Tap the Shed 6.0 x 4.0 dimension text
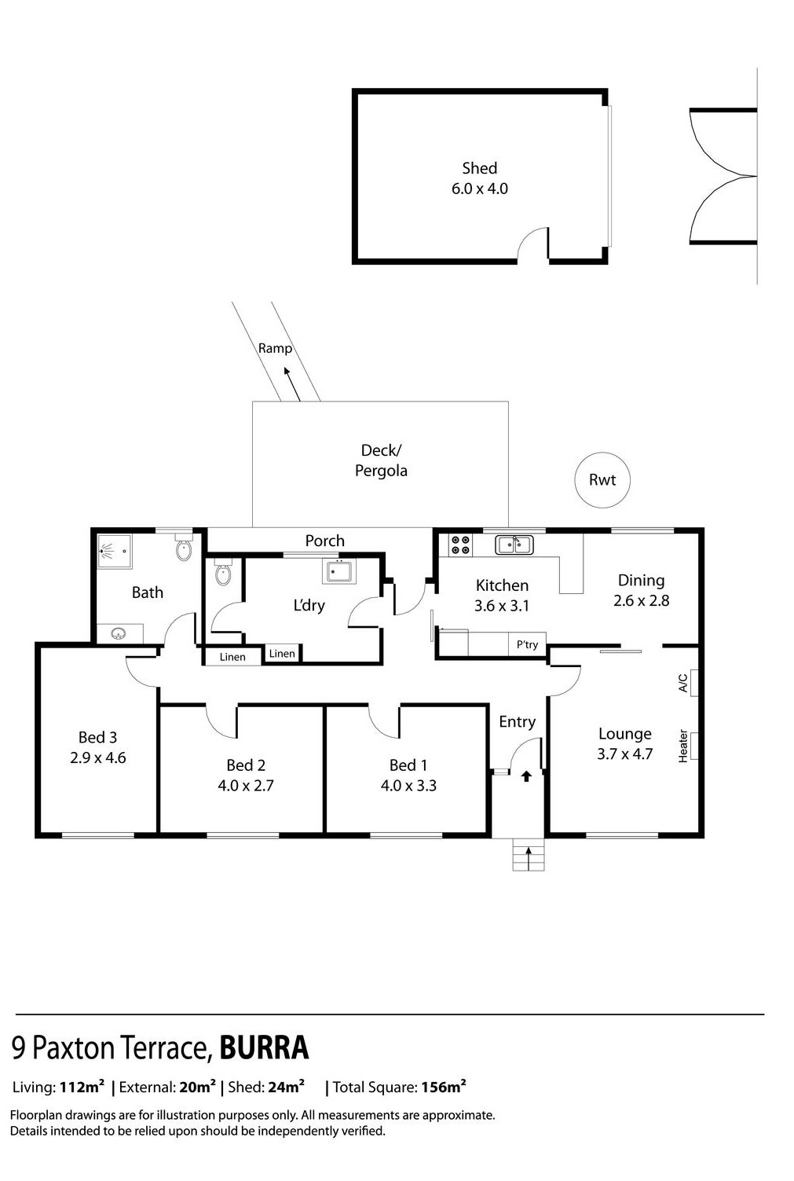click(x=479, y=189)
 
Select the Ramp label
click(x=275, y=349)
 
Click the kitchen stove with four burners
click(x=460, y=545)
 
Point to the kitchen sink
click(x=514, y=545)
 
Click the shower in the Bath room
click(x=115, y=551)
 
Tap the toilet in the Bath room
click(x=183, y=548)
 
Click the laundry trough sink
click(x=338, y=571)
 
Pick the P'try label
click(x=527, y=644)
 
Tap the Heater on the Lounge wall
click(x=694, y=746)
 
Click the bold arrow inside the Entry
click(x=526, y=776)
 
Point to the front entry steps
click(x=528, y=854)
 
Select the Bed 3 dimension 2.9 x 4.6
click(x=98, y=758)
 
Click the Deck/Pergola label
click(x=381, y=460)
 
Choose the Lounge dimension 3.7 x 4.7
click(x=625, y=754)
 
